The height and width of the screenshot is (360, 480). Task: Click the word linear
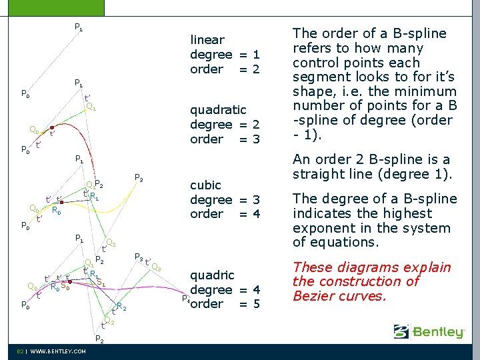[207, 40]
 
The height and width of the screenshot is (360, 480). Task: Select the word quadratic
[218, 109]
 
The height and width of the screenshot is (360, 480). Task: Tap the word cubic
[206, 185]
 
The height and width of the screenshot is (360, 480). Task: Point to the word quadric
[213, 275]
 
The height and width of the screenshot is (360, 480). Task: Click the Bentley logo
[429, 331]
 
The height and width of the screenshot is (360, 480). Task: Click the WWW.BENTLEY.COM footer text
[58, 351]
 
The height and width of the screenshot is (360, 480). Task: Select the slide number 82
[21, 351]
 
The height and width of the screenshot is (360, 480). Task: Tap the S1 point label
[101, 283]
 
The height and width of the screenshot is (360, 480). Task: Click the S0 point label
[65, 288]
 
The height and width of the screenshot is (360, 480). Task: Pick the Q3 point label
[156, 267]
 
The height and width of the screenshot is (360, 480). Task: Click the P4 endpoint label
[185, 299]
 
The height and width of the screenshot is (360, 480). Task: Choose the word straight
[317, 175]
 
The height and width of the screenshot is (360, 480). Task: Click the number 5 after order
[255, 305]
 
